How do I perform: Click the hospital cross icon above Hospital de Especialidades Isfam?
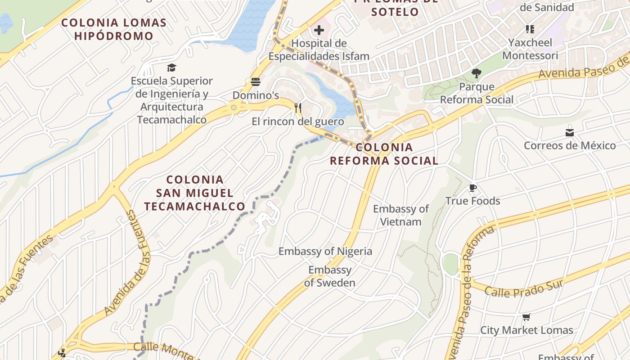point(319,31)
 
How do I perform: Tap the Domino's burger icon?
point(256,82)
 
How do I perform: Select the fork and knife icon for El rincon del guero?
point(297,108)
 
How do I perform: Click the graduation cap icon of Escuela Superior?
point(171,68)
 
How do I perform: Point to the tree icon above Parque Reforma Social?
point(476,73)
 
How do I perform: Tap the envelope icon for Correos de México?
point(570,133)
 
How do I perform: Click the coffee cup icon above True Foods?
point(472,188)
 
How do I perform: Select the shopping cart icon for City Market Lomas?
point(526,317)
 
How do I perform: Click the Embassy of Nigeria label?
point(325,251)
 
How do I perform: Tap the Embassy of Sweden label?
point(330,276)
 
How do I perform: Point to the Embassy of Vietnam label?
point(401,215)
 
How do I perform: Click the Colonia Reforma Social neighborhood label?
point(384,154)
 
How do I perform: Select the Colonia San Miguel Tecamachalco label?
point(195,193)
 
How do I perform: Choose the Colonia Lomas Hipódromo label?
point(114,29)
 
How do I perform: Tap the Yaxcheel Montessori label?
point(530,49)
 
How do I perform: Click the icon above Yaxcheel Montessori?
point(530,29)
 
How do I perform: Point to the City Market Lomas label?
point(526,330)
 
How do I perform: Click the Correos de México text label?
point(570,145)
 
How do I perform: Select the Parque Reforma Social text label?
point(477,93)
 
